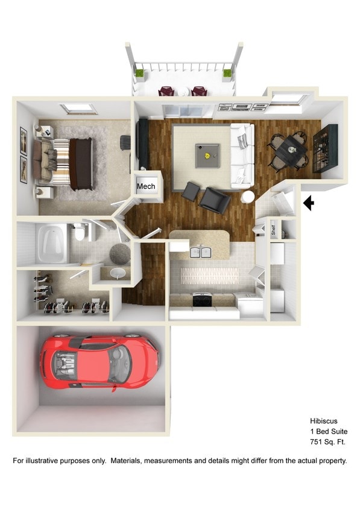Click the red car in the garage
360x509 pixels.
99,362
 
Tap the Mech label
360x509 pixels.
146,186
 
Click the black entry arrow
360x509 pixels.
308,204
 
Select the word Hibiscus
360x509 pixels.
324,420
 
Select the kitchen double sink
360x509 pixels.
200,252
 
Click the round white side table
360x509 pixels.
248,197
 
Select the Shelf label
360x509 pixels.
273,229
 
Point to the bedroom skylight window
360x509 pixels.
78,109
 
